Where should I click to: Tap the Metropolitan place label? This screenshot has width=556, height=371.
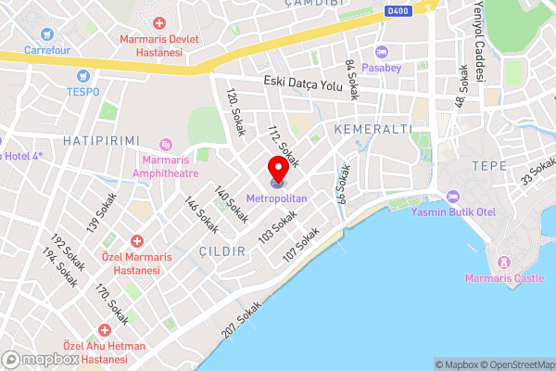pos(278,198)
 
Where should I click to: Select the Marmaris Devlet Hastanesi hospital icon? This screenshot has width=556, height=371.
pos(159,22)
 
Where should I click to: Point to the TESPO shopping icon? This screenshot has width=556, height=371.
pos(83,75)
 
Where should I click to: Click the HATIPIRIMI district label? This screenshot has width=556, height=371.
pos(94,139)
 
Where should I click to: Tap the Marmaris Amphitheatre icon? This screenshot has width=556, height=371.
pos(166,144)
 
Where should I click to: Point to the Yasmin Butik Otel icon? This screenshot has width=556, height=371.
pos(453,196)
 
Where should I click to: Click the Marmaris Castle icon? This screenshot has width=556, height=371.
pos(504,262)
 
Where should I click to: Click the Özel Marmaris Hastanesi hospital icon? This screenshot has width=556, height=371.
pos(136,240)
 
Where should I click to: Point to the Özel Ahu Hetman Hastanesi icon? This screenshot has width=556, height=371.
pos(105,330)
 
